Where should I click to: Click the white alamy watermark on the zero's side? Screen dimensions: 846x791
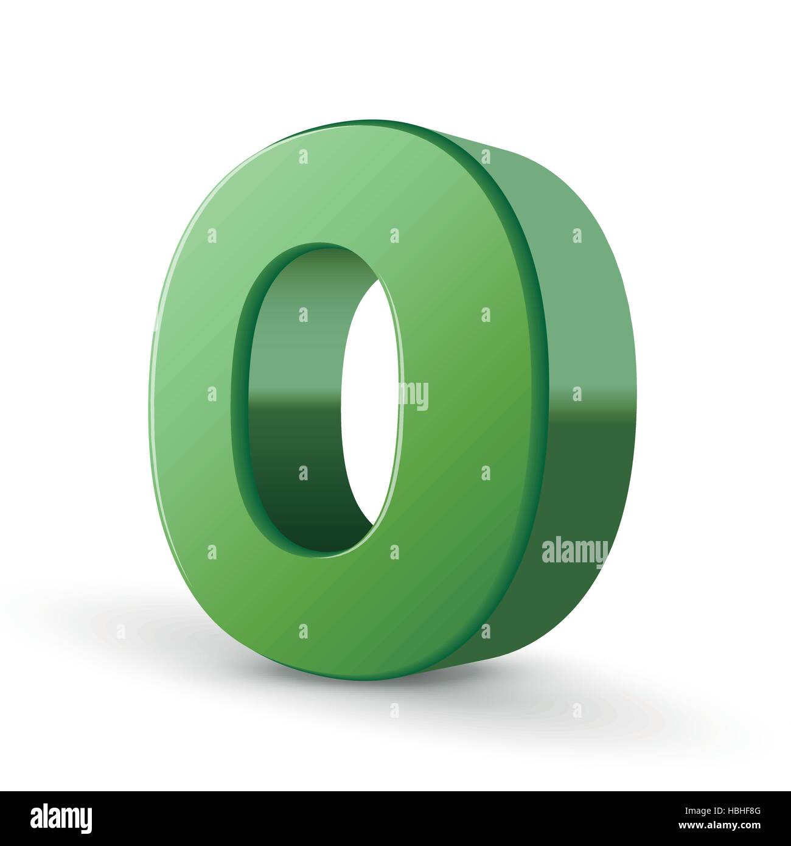click(x=574, y=551)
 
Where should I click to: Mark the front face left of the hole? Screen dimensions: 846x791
click(x=195, y=396)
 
